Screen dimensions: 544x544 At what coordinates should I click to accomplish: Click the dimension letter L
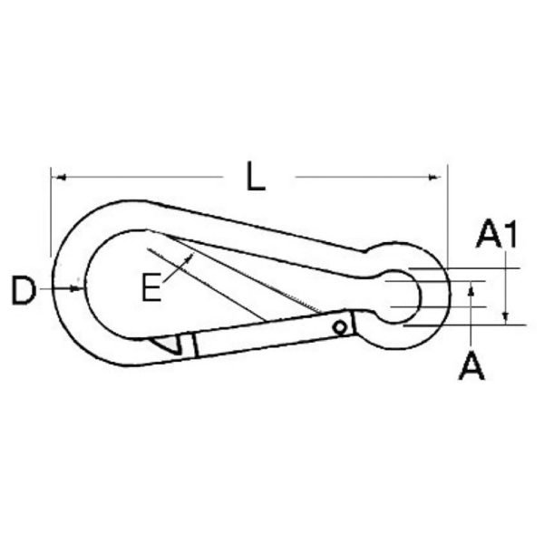coord(256,176)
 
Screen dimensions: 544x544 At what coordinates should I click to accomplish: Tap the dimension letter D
coord(24,290)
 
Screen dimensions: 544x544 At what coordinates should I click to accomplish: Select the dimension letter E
coord(151,287)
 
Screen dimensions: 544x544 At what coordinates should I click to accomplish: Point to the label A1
coord(497,233)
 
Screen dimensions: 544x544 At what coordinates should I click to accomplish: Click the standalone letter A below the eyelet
coord(471,365)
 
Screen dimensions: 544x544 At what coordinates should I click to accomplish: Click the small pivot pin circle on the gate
coord(339,327)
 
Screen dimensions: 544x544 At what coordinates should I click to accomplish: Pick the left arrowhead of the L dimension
coord(60,178)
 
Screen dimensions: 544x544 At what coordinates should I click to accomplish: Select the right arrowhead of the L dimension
coord(434,178)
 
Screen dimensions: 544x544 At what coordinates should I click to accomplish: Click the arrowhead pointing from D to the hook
coord(76,288)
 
